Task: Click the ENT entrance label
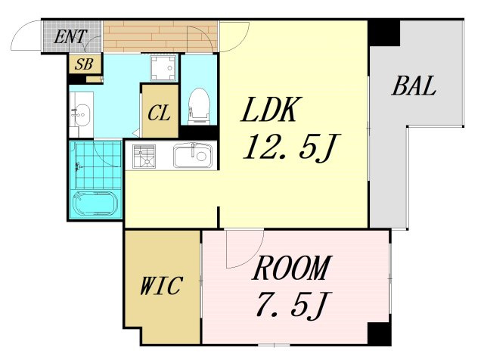(70, 36)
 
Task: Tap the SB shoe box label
(84, 64)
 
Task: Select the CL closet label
(159, 113)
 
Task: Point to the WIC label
(161, 286)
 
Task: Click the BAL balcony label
(414, 85)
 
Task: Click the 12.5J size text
(291, 147)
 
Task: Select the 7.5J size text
(294, 306)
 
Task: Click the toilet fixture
(199, 106)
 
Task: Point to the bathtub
(95, 203)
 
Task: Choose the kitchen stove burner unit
(144, 157)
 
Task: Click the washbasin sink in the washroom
(81, 115)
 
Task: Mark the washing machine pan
(163, 68)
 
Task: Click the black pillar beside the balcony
(383, 33)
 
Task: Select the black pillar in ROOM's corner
(379, 334)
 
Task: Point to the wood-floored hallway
(160, 36)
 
